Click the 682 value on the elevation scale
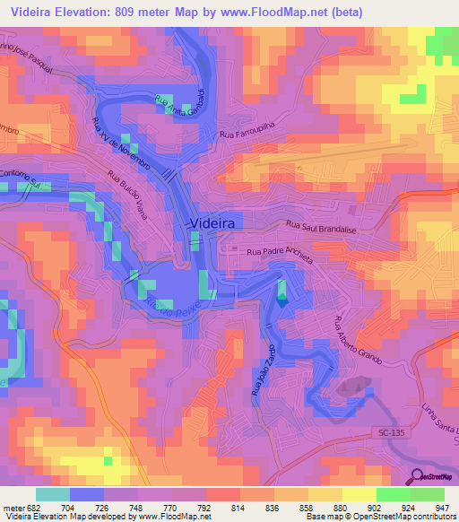34,506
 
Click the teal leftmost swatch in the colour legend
53,494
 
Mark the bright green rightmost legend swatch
428,494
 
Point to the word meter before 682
13,506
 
